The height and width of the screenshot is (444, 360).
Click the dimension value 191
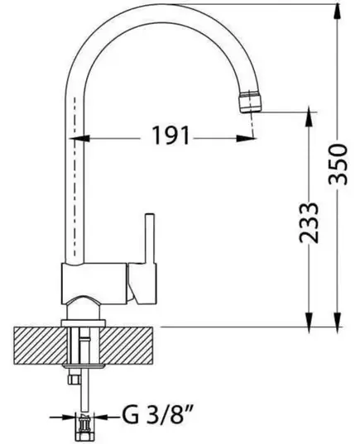170,136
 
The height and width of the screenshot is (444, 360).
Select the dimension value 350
338,165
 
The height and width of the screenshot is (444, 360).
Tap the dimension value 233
309,222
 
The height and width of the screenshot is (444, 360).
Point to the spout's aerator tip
250,102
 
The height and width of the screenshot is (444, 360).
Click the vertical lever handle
150,238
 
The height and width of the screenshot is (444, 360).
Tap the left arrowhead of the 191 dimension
79,138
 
